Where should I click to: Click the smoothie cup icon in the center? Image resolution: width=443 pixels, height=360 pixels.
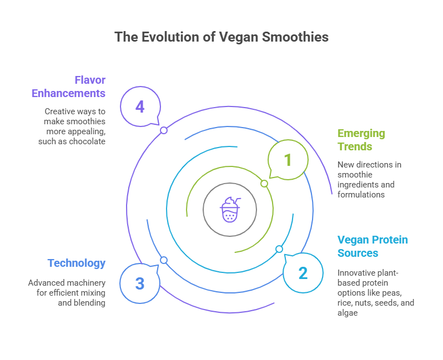230,209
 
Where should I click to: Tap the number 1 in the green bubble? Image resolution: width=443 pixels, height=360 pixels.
288,160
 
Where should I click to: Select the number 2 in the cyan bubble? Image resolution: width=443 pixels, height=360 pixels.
303,273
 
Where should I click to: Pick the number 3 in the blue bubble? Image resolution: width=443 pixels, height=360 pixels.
140,283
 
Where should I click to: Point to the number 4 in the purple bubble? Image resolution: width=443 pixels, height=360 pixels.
140,106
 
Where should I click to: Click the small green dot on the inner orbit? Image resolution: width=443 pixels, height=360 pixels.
264,184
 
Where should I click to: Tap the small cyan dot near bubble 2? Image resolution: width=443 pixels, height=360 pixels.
279,249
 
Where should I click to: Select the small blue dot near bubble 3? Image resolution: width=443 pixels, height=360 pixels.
164,260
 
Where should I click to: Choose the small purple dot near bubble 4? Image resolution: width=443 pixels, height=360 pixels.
164,130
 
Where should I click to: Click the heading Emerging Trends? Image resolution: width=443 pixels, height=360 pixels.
361,140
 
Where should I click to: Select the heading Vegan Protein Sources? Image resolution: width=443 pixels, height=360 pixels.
372,246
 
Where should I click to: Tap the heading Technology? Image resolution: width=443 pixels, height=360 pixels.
77,263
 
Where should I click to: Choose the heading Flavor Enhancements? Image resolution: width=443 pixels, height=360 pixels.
68,86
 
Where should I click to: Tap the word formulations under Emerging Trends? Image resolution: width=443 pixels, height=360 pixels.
361,194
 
